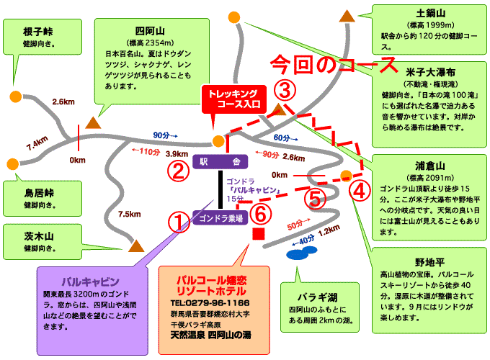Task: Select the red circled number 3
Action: (285, 91)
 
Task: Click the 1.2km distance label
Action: (328, 230)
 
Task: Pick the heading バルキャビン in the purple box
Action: (90, 281)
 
